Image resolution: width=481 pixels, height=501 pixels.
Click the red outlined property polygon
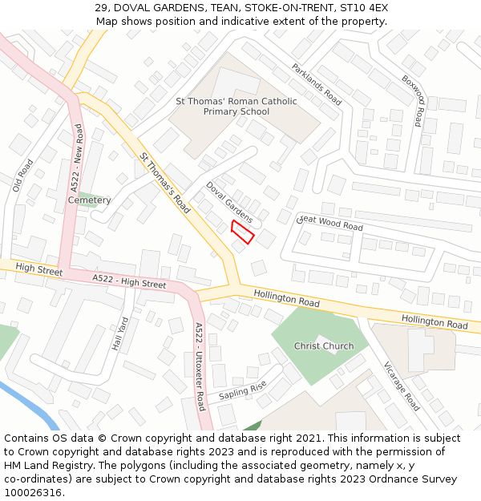click(x=243, y=232)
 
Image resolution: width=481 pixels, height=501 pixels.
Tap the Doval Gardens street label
click(x=229, y=202)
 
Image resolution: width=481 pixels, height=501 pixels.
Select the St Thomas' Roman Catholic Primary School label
click(x=236, y=107)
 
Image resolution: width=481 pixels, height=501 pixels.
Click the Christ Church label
click(x=324, y=346)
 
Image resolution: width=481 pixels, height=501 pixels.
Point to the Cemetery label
click(x=89, y=200)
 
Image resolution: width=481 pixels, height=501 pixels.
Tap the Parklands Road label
click(x=317, y=84)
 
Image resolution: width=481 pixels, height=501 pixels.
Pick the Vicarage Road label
click(x=401, y=386)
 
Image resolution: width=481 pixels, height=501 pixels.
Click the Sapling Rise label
click(x=242, y=391)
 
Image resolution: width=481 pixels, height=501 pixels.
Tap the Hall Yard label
click(x=119, y=334)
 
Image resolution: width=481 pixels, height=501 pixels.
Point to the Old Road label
click(x=24, y=175)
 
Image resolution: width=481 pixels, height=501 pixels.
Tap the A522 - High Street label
click(x=129, y=281)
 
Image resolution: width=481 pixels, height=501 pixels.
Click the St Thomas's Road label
click(x=164, y=184)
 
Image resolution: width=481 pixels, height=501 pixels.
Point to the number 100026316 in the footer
click(x=34, y=492)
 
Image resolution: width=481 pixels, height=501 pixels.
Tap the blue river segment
click(x=40, y=408)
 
